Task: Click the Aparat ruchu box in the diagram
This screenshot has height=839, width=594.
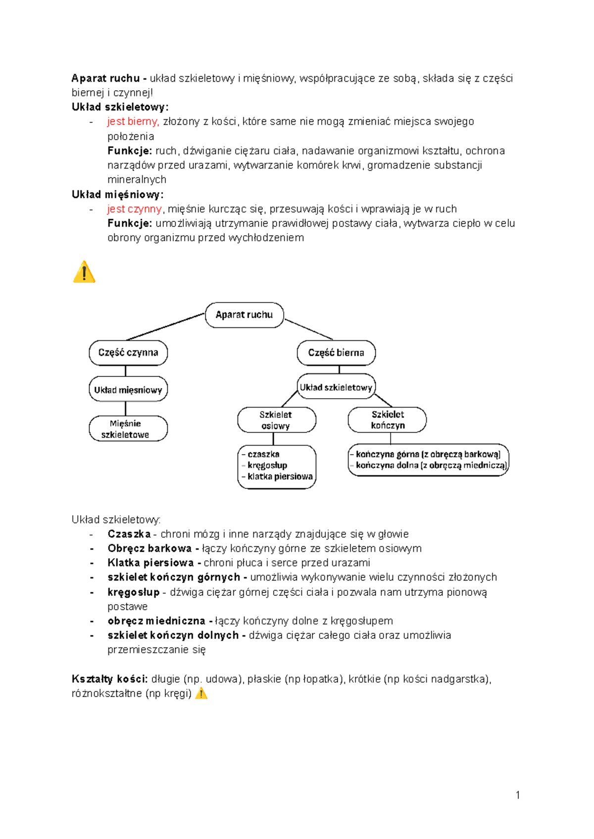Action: pyautogui.click(x=244, y=315)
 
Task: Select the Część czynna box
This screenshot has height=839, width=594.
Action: pyautogui.click(x=128, y=353)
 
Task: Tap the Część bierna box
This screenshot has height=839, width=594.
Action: pyautogui.click(x=336, y=353)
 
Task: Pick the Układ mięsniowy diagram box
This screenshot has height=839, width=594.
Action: pyautogui.click(x=128, y=390)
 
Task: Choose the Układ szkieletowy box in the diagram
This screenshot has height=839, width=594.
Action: pyautogui.click(x=336, y=387)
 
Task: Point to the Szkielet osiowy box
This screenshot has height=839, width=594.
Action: pyautogui.click(x=276, y=420)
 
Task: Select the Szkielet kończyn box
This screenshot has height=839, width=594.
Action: pyautogui.click(x=388, y=420)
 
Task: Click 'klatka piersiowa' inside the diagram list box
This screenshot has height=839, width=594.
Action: pyautogui.click(x=280, y=476)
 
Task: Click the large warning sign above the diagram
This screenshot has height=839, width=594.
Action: pyautogui.click(x=84, y=272)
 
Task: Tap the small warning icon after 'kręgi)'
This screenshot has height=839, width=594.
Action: pyautogui.click(x=201, y=693)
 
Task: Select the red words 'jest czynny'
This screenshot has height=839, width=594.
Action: pyautogui.click(x=134, y=209)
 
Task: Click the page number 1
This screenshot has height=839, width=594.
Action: pyautogui.click(x=518, y=795)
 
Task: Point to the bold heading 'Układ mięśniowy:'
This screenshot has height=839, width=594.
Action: pyautogui.click(x=117, y=195)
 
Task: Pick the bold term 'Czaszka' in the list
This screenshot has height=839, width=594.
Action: pyautogui.click(x=129, y=534)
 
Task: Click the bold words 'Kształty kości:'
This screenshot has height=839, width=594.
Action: pyautogui.click(x=109, y=679)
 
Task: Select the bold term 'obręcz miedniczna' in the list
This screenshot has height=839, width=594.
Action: pyautogui.click(x=156, y=621)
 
